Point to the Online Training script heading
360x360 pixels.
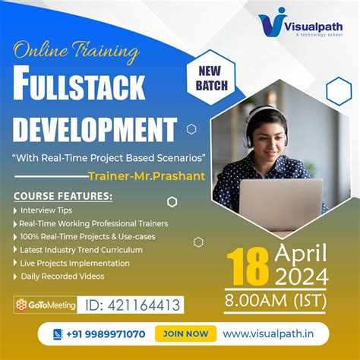click(x=77, y=53)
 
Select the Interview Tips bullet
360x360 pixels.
click(x=46, y=210)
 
